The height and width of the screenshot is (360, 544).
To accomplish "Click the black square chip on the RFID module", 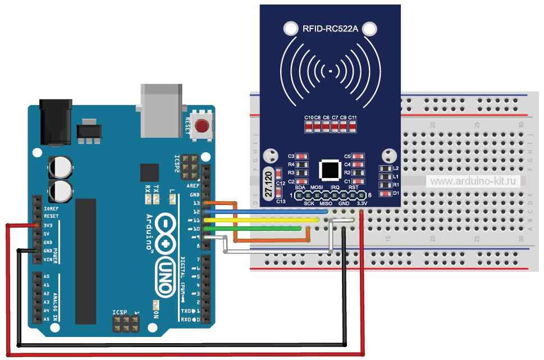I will pos(330,169).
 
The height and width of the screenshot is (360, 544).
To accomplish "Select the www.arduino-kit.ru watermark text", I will pos(473,181).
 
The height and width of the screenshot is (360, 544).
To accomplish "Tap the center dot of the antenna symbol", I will pos(330,72).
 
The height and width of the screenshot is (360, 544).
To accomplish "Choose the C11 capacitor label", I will pos(352,117).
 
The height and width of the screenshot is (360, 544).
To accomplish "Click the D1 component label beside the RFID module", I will pos(395,193).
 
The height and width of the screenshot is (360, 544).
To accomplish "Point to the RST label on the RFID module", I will pos(353,187).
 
